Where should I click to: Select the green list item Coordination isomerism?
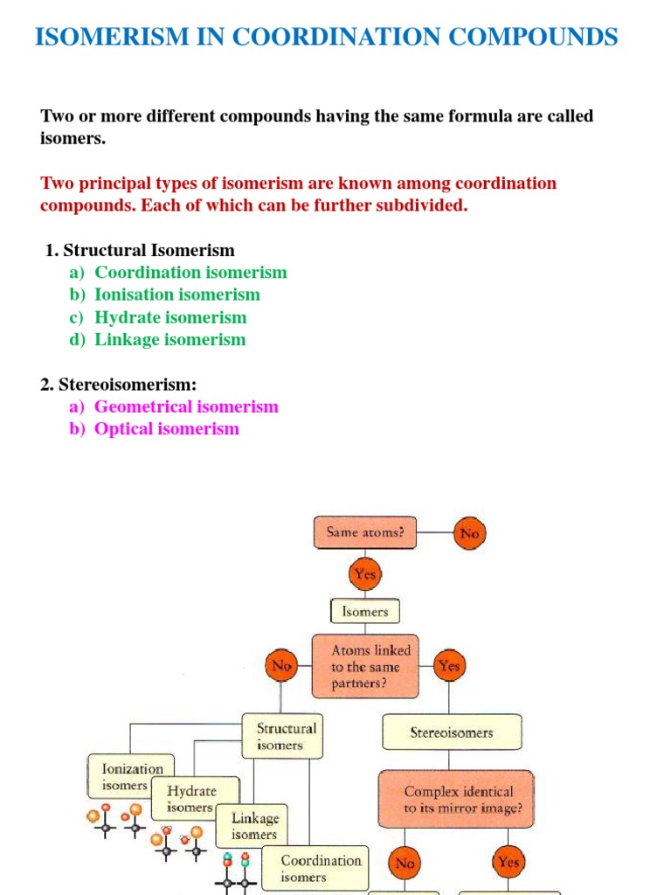(190, 273)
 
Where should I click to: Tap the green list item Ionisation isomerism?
(177, 295)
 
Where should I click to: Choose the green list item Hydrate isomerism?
(170, 317)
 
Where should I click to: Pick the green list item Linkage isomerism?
(170, 339)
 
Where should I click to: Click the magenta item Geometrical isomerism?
(186, 406)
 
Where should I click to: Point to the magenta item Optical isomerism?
(166, 429)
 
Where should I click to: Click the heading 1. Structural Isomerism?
(140, 250)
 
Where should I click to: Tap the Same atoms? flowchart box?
(365, 532)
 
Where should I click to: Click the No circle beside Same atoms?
(469, 533)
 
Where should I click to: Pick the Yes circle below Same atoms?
(365, 575)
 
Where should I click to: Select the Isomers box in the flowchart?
(365, 612)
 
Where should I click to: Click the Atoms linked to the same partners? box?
(365, 667)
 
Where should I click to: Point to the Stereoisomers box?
(452, 732)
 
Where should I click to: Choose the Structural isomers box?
(282, 736)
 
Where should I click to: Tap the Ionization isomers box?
(132, 776)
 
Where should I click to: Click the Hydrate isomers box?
(193, 797)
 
